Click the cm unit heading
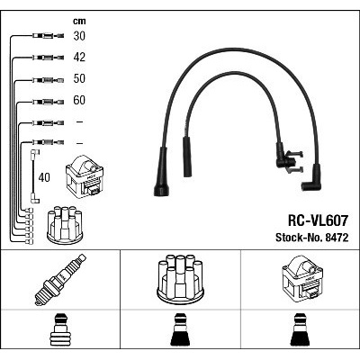pyautogui.click(x=79, y=21)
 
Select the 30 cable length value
pyautogui.click(x=79, y=36)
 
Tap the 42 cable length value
pyautogui.click(x=79, y=58)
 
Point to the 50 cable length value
pyautogui.click(x=79, y=78)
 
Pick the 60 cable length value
pyautogui.click(x=79, y=100)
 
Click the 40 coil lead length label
pyautogui.click(x=44, y=177)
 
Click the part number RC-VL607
pyautogui.click(x=318, y=220)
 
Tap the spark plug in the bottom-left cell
pyautogui.click(x=60, y=280)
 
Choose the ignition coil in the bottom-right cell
pyautogui.click(x=302, y=278)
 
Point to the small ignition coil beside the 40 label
pyautogui.click(x=85, y=175)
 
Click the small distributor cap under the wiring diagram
pyautogui.click(x=65, y=225)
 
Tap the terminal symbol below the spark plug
pyautogui.click(x=60, y=329)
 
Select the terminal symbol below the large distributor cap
pyautogui.click(x=180, y=329)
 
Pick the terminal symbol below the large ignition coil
pyautogui.click(x=300, y=329)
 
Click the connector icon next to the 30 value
pyautogui.click(x=48, y=36)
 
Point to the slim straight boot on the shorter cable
pyautogui.click(x=187, y=157)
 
